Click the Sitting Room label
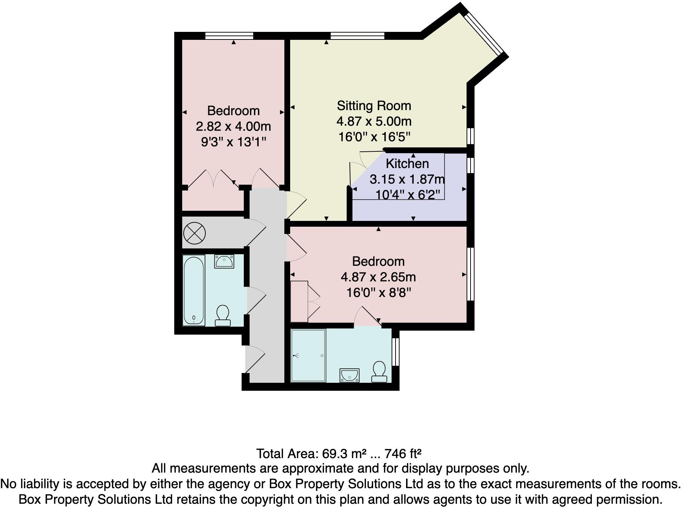point(374,106)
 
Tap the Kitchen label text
point(407,164)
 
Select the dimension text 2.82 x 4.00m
point(233,126)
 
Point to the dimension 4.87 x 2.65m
point(378,277)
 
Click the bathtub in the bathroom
point(194,290)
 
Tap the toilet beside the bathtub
point(222,315)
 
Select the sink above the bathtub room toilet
point(224,261)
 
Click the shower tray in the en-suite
point(308,356)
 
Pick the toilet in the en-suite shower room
point(379,372)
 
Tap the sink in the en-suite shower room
point(350,375)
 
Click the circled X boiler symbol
point(195,233)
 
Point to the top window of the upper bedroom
point(229,35)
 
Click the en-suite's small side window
point(396,352)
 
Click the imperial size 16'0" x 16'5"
point(374,137)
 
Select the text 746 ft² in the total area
point(403,453)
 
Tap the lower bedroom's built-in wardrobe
point(299,301)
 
